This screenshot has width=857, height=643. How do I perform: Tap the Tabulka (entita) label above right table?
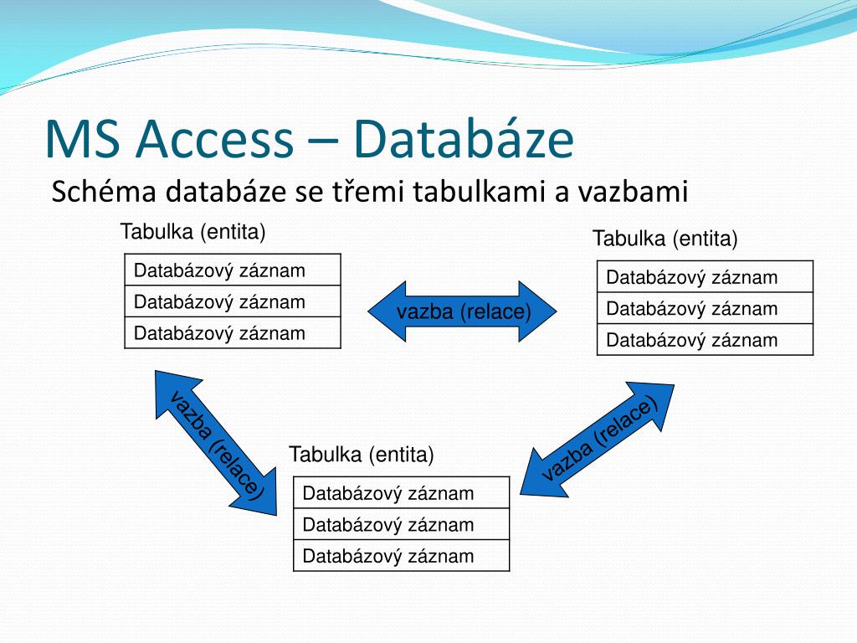(x=665, y=239)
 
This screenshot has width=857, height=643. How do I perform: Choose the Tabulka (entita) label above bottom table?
(x=362, y=455)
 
